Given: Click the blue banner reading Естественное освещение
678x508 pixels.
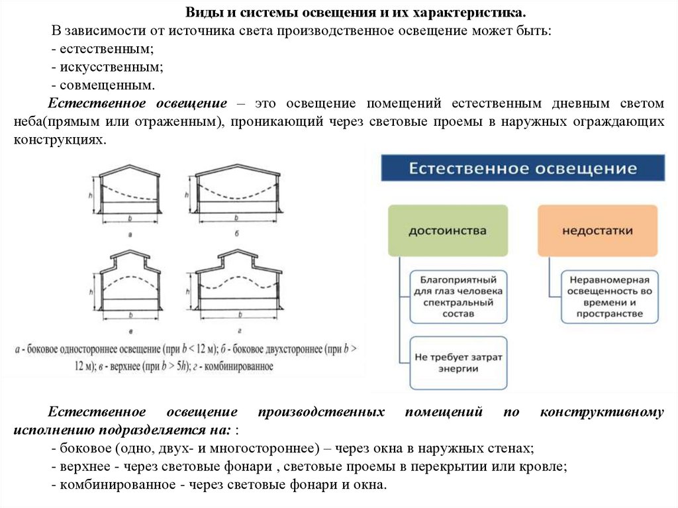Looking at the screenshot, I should (x=522, y=168).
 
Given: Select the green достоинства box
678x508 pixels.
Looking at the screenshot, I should (x=448, y=230).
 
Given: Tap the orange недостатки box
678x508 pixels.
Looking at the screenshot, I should (x=597, y=230).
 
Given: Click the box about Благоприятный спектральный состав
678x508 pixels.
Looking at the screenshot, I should (x=458, y=296).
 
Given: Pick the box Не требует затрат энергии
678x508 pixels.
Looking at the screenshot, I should (x=458, y=362).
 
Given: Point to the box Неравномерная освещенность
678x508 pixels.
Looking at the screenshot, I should (x=609, y=296).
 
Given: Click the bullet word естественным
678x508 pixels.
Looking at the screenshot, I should (x=106, y=50).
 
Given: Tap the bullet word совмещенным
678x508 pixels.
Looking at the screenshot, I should (x=107, y=85).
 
